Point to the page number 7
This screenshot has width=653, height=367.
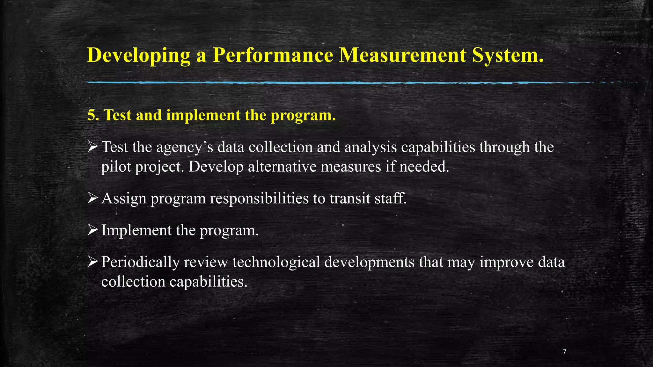tap(565, 352)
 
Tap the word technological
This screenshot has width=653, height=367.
tap(276, 262)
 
